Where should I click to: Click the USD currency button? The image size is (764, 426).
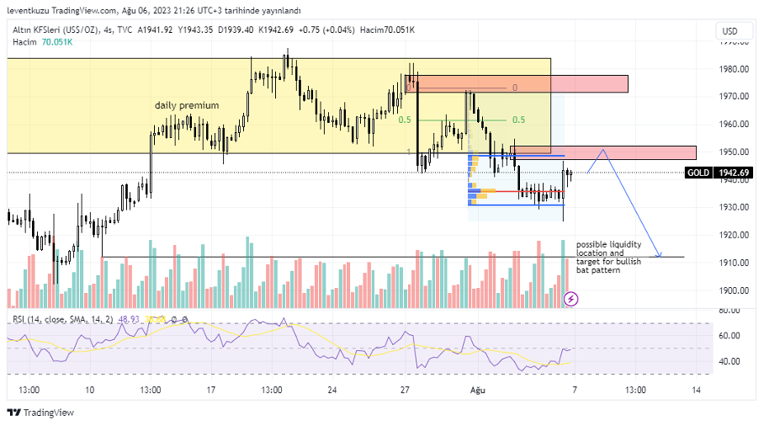pos(730,31)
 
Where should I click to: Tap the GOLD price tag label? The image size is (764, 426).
pos(698,173)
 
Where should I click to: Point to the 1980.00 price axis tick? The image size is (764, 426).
pos(734,69)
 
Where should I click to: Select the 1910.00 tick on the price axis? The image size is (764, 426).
pos(734,263)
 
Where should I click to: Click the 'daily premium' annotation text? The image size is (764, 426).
pos(187,105)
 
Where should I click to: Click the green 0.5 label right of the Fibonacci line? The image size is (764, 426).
pos(519,120)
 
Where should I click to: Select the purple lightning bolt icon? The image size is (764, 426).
pos(570,298)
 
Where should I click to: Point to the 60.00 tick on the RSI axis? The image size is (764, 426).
pos(730,335)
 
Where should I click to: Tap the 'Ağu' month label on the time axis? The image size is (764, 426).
pos(478,390)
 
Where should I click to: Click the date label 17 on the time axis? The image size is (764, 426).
pos(211,390)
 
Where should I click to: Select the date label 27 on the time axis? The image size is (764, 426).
pos(405,390)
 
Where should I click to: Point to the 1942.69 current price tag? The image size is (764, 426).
pos(733,173)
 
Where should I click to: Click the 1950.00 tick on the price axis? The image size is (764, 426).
pos(734,152)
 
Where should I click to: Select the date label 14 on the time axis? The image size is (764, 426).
pos(696,390)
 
